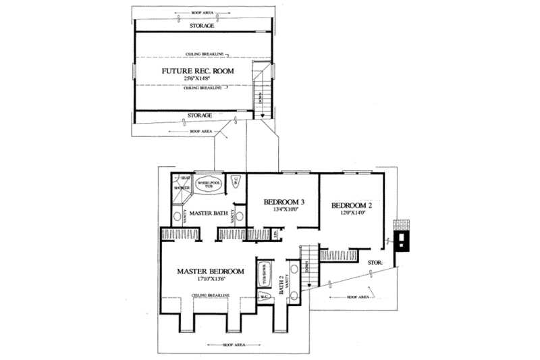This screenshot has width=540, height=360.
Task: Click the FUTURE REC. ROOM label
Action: coord(190,70)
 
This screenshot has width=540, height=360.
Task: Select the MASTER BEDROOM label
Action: coord(211,272)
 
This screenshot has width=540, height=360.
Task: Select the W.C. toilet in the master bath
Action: coord(236,180)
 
